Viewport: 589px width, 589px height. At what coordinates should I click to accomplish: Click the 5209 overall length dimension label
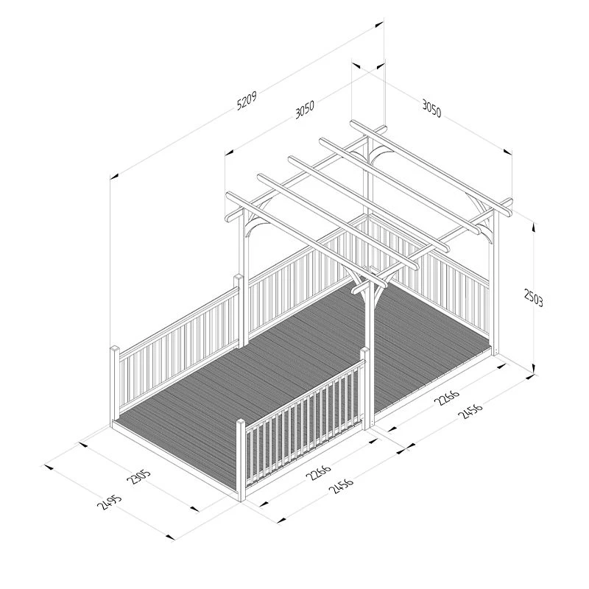coord(247,102)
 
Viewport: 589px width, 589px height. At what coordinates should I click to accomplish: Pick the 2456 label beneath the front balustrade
coord(341,484)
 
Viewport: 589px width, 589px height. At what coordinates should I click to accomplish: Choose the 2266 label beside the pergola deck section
coord(447,397)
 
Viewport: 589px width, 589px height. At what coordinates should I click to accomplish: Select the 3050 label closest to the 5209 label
coord(304,109)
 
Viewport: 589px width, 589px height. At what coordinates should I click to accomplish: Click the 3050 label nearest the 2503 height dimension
coord(431,108)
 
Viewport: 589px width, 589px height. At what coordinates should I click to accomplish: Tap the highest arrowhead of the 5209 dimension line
coord(379,24)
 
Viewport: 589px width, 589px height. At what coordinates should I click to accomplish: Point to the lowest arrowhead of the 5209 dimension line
coord(114,176)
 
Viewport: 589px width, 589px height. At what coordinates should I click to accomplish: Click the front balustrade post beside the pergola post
coord(364,388)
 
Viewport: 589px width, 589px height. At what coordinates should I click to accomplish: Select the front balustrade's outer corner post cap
coord(241,423)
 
